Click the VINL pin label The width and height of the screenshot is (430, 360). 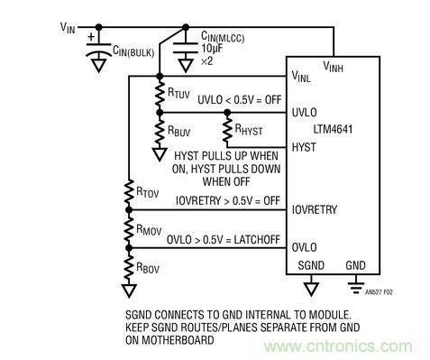tap(302, 78)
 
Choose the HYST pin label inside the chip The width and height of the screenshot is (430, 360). tap(304, 145)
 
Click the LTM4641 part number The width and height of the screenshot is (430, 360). tap(327, 130)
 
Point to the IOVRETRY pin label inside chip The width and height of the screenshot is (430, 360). tap(315, 208)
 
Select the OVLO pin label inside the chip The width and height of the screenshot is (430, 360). tap(305, 246)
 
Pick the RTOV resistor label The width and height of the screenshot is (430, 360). tap(152, 191)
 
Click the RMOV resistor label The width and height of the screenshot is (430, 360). tap(153, 229)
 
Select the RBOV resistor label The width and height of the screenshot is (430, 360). tap(152, 269)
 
